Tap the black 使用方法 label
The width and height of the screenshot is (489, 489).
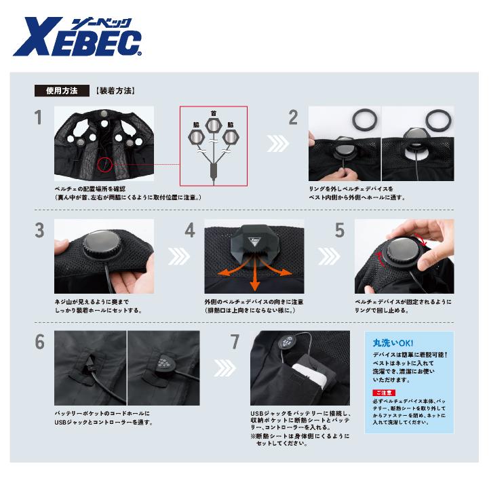pyautogui.click(x=62, y=90)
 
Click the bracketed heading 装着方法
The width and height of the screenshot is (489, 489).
pyautogui.click(x=116, y=90)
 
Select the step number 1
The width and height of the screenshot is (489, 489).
pyautogui.click(x=39, y=118)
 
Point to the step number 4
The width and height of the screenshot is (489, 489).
pyautogui.click(x=190, y=231)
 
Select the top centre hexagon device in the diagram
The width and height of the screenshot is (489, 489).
pyautogui.click(x=213, y=125)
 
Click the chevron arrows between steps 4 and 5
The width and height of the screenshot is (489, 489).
pyautogui.click(x=331, y=256)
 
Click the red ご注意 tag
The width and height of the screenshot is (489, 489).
pyautogui.click(x=382, y=393)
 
